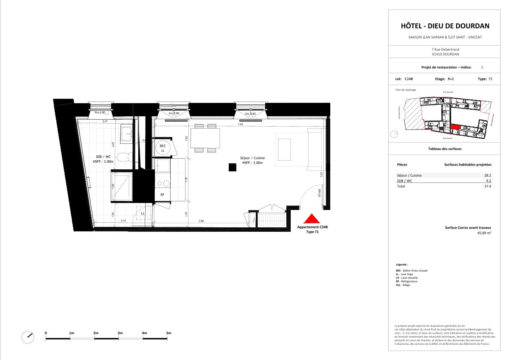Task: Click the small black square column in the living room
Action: click(x=232, y=167)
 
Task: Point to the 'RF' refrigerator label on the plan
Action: click(x=162, y=195)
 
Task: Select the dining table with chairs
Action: click(x=205, y=138)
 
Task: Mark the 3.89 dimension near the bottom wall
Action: click(x=201, y=221)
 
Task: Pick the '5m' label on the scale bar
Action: click(x=168, y=332)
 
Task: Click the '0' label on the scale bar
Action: click(x=46, y=332)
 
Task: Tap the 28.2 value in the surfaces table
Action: click(x=488, y=175)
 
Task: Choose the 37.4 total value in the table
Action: click(x=488, y=186)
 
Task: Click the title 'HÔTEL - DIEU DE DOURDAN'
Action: click(x=445, y=26)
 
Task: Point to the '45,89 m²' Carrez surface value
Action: click(x=484, y=233)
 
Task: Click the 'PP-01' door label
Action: click(x=319, y=193)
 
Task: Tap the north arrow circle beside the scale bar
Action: click(x=28, y=338)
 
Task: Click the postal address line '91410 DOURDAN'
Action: click(x=445, y=54)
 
